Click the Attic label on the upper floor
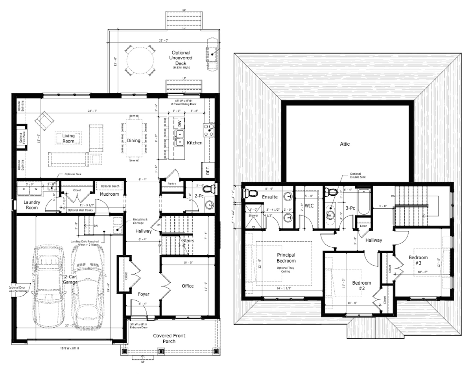345,144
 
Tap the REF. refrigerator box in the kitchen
207,170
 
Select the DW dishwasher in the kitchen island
180,123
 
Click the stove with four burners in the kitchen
209,130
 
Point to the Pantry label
171,183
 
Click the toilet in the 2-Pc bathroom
212,189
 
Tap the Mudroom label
110,194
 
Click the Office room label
188,286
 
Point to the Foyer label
144,294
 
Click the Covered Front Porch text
169,338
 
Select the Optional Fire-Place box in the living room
21,137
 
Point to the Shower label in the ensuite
253,215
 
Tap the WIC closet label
309,205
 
